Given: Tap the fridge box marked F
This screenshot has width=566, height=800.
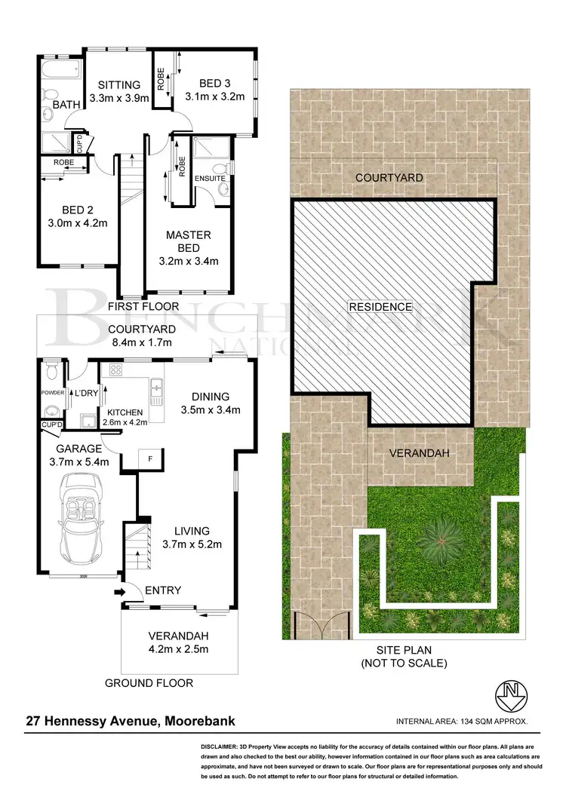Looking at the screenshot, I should pyautogui.click(x=150, y=458).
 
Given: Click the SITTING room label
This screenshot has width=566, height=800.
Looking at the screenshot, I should pyautogui.click(x=115, y=84).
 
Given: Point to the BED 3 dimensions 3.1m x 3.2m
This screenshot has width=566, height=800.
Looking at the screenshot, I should pyautogui.click(x=215, y=97).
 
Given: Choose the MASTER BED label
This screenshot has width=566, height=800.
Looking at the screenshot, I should pyautogui.click(x=189, y=241).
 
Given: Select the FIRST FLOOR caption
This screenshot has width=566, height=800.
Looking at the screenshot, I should pyautogui.click(x=143, y=307).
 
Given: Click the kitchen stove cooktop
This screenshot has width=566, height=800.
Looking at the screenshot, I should pyautogui.click(x=116, y=369).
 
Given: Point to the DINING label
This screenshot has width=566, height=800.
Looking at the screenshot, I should pyautogui.click(x=211, y=397).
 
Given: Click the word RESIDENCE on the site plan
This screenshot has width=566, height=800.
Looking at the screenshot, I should pyautogui.click(x=380, y=307).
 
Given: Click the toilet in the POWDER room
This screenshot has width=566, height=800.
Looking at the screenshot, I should pyautogui.click(x=51, y=371).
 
